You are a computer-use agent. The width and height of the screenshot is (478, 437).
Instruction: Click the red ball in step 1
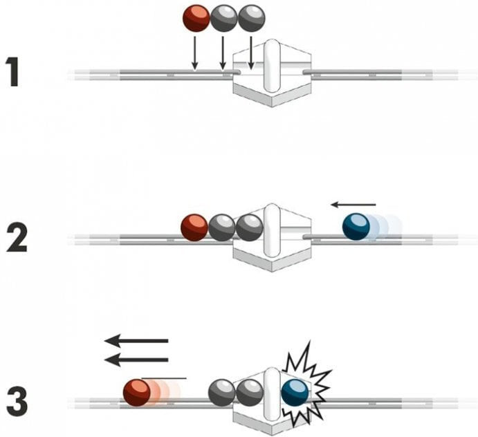tap(196, 19)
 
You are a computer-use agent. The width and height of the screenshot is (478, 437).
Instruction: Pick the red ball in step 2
tap(194, 227)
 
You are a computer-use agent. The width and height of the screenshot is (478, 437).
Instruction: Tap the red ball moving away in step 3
tap(137, 393)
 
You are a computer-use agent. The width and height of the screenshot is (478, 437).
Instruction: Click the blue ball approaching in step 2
tap(356, 227)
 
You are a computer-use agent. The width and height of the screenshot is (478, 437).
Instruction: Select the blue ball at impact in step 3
tap(295, 393)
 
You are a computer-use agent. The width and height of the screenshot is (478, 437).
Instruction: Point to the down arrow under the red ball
tap(195, 53)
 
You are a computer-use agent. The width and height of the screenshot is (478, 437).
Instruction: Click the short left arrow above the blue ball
tap(353, 204)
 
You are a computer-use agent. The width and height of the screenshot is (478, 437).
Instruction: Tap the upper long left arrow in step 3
tap(136, 341)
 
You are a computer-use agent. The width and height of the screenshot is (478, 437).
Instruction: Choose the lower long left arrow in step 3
tap(136, 360)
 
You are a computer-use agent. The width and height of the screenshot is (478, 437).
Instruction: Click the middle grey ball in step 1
tap(223, 19)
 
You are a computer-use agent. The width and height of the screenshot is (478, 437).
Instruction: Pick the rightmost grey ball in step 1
tap(251, 19)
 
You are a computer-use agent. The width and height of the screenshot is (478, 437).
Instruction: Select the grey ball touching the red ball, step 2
tap(221, 227)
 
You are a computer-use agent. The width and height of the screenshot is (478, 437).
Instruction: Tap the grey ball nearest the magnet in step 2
tap(249, 227)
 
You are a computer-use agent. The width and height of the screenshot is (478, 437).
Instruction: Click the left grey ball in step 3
tap(222, 393)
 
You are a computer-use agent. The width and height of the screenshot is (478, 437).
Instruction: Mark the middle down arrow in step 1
tap(222, 53)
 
